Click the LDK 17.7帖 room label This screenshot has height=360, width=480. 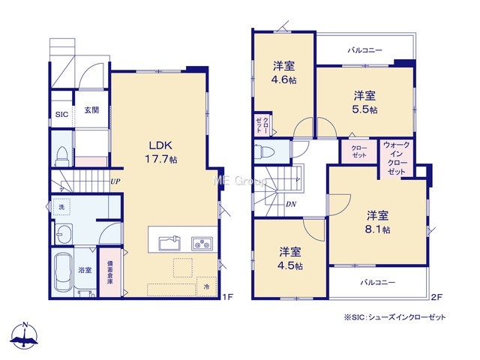point(161,151)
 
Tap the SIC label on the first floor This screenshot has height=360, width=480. point(61,115)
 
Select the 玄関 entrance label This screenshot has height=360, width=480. point(91,110)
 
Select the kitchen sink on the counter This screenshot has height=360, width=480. point(169,243)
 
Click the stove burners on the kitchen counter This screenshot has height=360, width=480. point(202,244)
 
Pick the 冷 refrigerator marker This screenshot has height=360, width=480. point(207,287)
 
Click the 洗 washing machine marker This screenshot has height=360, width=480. point(61,207)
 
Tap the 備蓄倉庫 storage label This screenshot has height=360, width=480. point(109,272)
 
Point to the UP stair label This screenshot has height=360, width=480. point(115,181)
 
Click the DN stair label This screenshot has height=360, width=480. point(291,204)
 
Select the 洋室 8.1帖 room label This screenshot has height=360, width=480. point(377,222)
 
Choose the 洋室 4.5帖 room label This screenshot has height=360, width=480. point(290,259)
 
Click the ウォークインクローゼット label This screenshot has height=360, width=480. point(397,158)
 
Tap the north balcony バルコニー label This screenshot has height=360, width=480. point(365,50)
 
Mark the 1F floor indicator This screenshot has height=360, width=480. point(228,297)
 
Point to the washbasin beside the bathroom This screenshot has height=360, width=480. point(63,235)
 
